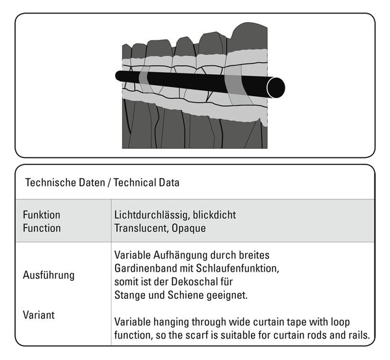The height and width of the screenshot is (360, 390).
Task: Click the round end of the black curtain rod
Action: click(276, 88)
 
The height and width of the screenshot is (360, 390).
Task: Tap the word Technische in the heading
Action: click(51, 183)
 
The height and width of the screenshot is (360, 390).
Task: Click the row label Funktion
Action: click(42, 215)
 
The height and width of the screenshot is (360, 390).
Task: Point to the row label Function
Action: click(42, 228)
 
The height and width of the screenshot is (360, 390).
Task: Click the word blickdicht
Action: click(214, 215)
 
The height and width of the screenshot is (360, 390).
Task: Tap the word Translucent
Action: click(142, 229)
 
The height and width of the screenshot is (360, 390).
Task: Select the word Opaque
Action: click(188, 229)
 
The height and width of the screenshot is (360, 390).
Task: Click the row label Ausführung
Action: click(49, 276)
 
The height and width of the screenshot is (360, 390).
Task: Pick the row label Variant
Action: click(38, 315)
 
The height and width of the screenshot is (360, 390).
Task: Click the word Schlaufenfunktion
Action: click(237, 269)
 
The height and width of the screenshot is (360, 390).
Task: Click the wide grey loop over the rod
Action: click(237, 85)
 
